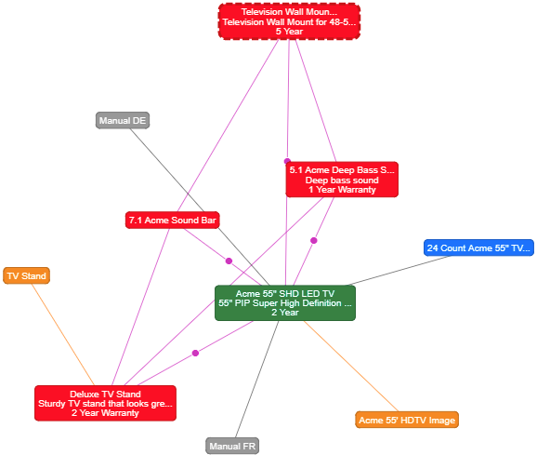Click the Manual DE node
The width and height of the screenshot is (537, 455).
tap(123, 120)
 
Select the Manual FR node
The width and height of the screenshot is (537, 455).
tap(232, 446)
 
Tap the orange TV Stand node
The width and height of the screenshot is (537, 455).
tap(26, 275)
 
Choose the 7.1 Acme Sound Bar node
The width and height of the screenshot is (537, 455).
tap(172, 220)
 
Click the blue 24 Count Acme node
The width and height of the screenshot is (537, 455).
tap(478, 248)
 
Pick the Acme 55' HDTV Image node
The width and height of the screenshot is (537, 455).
tap(407, 420)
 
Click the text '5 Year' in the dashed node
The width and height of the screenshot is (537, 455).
tap(289, 32)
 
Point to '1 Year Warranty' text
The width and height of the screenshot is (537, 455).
tap(342, 190)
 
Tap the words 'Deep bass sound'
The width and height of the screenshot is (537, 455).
tap(342, 180)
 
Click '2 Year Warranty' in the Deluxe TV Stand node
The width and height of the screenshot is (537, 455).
tap(105, 413)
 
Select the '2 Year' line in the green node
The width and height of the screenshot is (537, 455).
tap(285, 313)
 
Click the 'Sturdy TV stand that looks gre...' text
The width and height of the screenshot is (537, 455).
tap(105, 404)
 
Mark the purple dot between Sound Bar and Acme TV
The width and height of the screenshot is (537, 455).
tap(229, 261)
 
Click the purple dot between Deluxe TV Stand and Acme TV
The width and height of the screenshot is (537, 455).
tap(195, 353)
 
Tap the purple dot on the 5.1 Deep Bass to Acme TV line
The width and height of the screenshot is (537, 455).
tap(314, 240)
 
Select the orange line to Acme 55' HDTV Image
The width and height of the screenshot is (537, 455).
tap(351, 367)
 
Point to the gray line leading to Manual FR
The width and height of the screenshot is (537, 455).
tap(256, 380)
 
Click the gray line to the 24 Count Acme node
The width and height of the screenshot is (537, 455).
tap(399, 271)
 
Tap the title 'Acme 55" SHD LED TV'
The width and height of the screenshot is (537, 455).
tap(285, 293)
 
